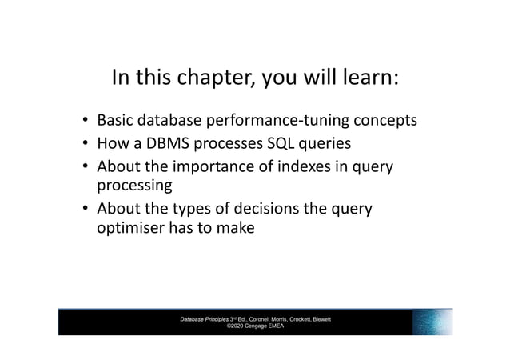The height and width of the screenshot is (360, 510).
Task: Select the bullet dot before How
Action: (x=85, y=145)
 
